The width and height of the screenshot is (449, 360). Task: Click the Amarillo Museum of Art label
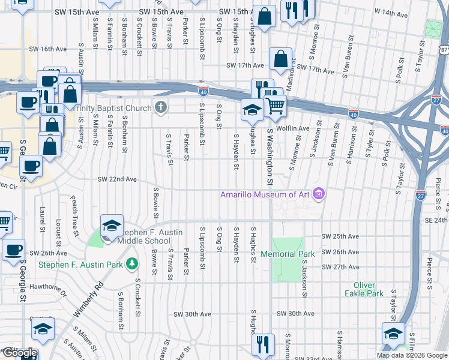(x=267, y=194)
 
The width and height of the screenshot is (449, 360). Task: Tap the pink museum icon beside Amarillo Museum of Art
(x=319, y=194)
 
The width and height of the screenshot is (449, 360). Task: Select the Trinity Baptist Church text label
(x=119, y=108)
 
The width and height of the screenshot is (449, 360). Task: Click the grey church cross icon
(x=160, y=107)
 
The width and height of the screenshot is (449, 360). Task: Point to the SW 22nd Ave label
(x=118, y=179)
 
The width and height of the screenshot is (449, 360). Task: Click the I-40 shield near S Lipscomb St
(x=203, y=91)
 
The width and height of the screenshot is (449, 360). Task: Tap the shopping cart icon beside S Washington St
(x=275, y=106)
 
